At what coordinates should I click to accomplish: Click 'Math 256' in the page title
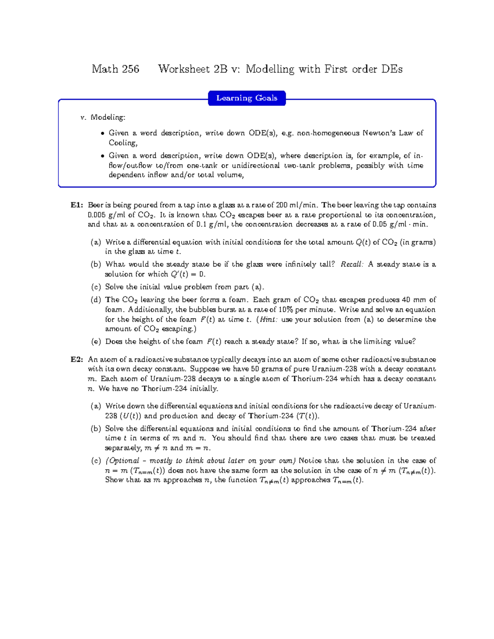pos(115,69)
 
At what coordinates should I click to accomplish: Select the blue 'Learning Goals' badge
pos(247,98)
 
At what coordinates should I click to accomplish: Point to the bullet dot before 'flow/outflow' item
pos(103,156)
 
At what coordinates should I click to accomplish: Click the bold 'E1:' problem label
pos(77,205)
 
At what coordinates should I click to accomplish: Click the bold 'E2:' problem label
pos(77,360)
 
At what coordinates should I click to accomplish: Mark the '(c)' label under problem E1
pos(96,287)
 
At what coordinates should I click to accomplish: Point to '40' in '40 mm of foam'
pos(406,300)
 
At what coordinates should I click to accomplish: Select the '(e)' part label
pos(96,342)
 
